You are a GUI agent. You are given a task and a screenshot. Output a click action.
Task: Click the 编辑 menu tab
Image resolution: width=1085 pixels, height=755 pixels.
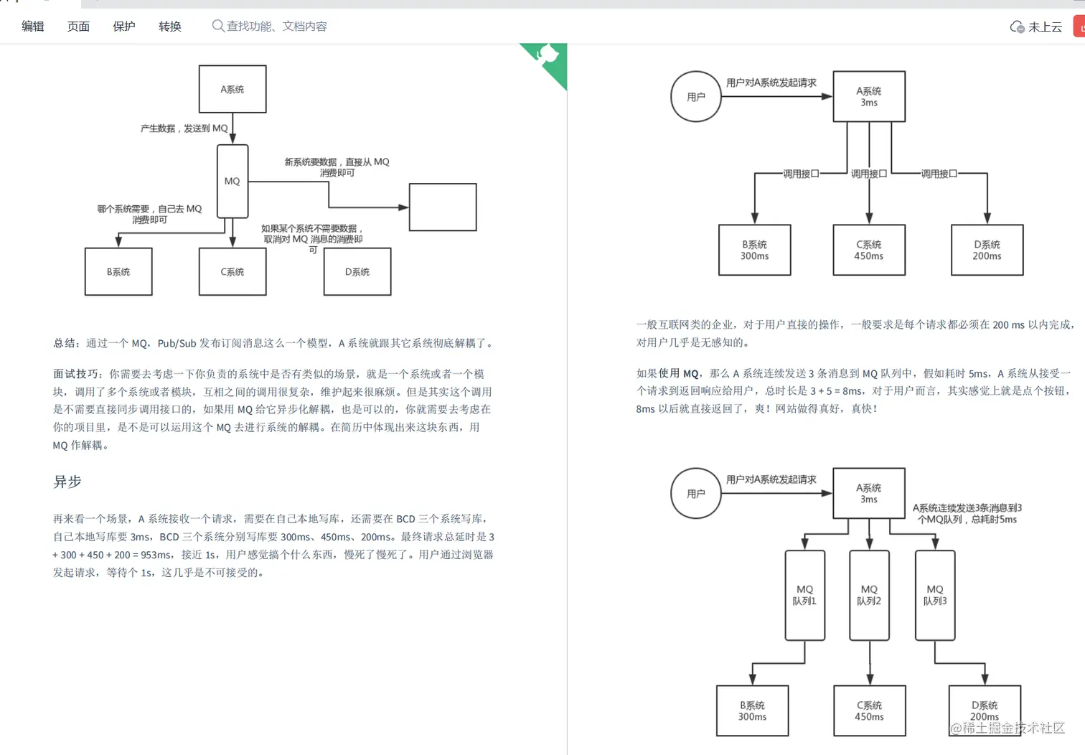point(33,27)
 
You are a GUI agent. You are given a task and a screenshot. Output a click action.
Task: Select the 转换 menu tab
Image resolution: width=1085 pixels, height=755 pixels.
point(170,27)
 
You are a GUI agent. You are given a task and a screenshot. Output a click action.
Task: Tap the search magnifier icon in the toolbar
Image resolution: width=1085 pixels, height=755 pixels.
point(217,26)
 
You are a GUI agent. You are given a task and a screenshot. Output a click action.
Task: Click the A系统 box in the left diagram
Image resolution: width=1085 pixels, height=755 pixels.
point(232,89)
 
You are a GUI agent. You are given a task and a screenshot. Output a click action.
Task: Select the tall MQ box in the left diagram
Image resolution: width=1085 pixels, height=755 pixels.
point(232,181)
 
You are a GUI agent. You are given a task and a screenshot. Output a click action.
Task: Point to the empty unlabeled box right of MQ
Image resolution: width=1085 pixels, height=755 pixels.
point(443,207)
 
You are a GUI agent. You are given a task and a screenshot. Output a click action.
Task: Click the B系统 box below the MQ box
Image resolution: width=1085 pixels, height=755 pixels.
point(118,272)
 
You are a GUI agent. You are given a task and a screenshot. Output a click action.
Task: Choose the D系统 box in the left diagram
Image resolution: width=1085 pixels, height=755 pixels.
point(357,272)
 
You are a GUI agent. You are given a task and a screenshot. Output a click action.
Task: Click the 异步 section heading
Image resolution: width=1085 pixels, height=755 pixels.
point(67,482)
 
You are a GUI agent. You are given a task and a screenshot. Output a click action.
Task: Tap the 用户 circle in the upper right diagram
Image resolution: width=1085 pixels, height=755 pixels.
point(696,97)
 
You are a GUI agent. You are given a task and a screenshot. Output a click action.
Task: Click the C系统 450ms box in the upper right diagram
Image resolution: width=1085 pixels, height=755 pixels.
point(869,250)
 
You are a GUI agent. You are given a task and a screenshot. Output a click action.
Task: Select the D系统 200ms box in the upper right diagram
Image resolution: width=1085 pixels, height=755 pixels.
point(987,250)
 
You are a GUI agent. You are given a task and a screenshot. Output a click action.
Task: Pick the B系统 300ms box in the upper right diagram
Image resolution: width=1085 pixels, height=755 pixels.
point(755,250)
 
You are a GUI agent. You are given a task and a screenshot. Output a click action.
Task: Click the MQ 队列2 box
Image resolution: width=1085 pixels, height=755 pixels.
point(869,595)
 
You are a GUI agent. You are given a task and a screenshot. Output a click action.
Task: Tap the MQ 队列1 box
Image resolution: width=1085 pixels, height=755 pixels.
point(805,595)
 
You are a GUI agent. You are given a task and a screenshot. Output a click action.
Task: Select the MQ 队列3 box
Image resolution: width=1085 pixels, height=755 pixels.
point(935,595)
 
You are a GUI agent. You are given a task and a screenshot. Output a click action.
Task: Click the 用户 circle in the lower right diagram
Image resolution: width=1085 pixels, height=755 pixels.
point(696,494)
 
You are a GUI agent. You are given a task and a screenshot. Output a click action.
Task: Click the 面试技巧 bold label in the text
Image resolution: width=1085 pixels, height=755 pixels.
point(76,374)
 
